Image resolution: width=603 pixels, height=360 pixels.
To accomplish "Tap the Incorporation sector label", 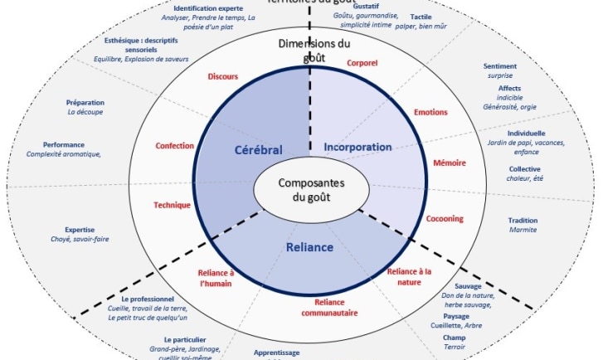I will [358, 148].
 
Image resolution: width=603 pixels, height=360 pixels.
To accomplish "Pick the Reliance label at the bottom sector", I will [310, 247].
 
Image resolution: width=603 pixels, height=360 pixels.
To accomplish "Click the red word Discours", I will [221, 76].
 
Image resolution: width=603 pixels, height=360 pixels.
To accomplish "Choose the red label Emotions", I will [430, 112].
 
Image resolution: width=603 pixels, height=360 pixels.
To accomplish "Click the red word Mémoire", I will [449, 163].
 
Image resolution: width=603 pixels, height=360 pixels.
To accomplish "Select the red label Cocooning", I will [445, 219].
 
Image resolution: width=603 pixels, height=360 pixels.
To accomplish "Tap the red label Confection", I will [174, 146].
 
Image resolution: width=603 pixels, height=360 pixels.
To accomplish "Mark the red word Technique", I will [172, 205].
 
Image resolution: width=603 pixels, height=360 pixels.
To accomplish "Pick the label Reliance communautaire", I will [328, 307].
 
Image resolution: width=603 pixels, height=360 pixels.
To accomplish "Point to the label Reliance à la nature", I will [410, 275].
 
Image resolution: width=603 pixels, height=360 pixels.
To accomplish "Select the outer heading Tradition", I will [523, 221].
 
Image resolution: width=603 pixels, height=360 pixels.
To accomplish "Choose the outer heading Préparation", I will [84, 103].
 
